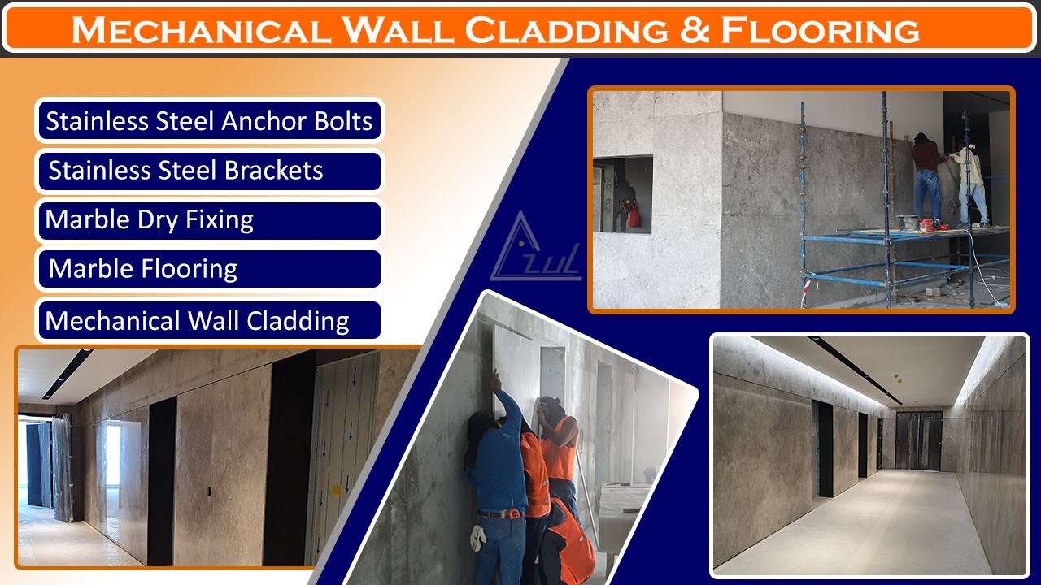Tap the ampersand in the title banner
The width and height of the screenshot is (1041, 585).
[x=690, y=30]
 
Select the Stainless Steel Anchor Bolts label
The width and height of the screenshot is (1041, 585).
[x=209, y=121]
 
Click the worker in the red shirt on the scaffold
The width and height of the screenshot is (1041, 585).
[x=927, y=175]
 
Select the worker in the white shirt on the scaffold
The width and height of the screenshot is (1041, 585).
[x=971, y=183]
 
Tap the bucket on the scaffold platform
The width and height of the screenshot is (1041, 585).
[x=907, y=222]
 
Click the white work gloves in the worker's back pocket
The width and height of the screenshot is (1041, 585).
[x=479, y=536]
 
